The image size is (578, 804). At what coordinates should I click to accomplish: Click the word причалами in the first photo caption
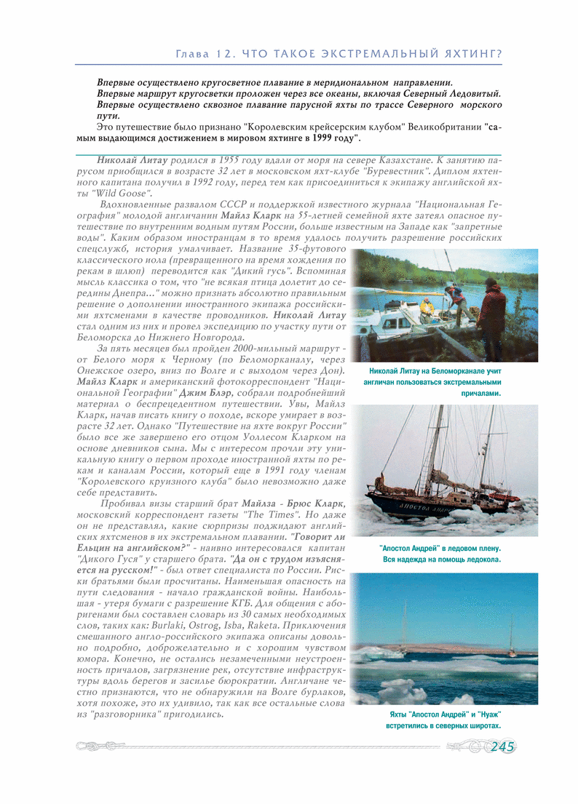pos(481,394)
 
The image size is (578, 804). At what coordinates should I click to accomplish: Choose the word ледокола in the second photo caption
pos(481,560)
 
